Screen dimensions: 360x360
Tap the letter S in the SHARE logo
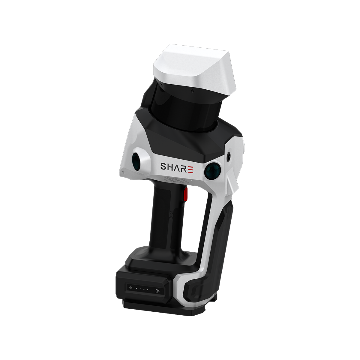tap(164, 166)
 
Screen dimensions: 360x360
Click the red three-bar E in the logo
tap(192, 166)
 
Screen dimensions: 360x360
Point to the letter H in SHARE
tap(171, 166)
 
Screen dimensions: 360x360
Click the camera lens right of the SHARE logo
tap(213, 169)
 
